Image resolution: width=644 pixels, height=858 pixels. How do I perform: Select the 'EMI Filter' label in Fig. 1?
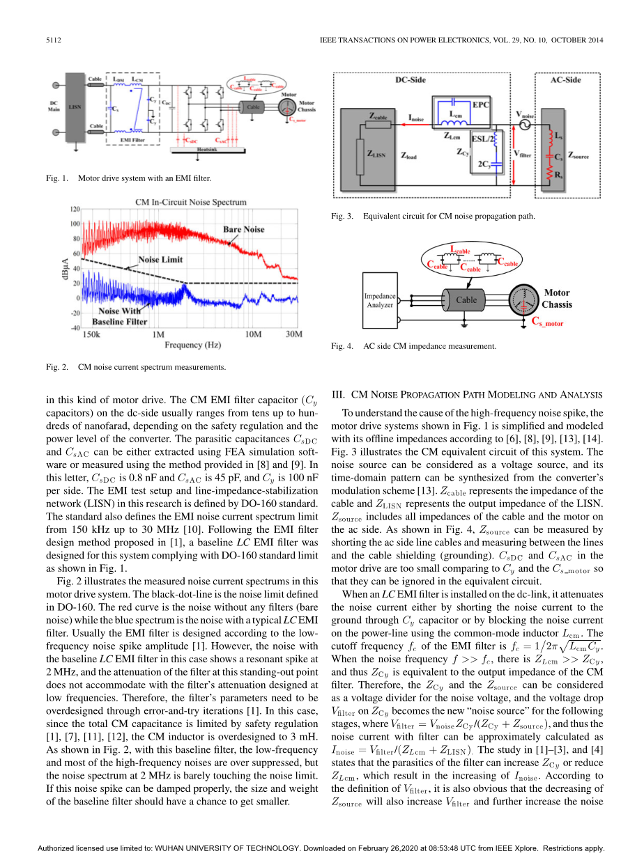click(132, 140)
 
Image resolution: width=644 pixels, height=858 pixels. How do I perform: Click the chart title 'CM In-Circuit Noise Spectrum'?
click(190, 202)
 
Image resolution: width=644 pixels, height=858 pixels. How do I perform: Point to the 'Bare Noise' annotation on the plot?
click(243, 229)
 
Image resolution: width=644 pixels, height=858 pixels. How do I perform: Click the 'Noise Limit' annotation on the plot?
click(160, 260)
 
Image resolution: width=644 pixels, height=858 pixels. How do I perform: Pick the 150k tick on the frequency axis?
click(91, 335)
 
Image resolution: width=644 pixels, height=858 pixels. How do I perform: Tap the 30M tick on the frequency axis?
click(295, 335)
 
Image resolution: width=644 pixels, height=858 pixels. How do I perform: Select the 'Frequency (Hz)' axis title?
click(193, 345)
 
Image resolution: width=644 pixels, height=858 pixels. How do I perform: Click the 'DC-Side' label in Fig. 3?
click(411, 80)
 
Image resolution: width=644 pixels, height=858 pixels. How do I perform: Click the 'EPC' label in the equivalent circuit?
click(481, 104)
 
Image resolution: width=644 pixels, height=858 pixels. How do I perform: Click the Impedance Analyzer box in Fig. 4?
click(380, 300)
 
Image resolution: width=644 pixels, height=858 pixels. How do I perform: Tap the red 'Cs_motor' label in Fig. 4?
click(547, 322)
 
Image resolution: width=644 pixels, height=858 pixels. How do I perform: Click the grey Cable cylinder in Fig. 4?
click(466, 300)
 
